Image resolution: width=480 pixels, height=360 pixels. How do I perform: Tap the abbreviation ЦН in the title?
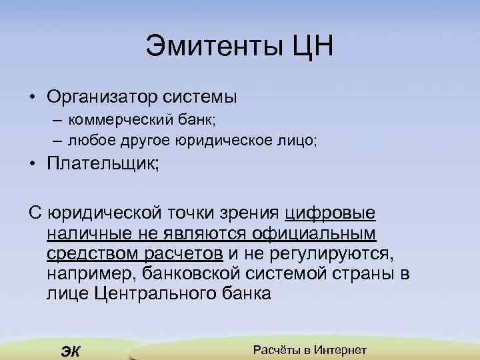coord(309,47)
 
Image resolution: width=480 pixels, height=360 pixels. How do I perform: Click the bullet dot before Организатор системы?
coord(32,97)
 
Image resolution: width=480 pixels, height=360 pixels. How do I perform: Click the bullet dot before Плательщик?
coord(32,164)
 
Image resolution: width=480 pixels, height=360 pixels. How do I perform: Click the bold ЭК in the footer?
coord(70,351)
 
